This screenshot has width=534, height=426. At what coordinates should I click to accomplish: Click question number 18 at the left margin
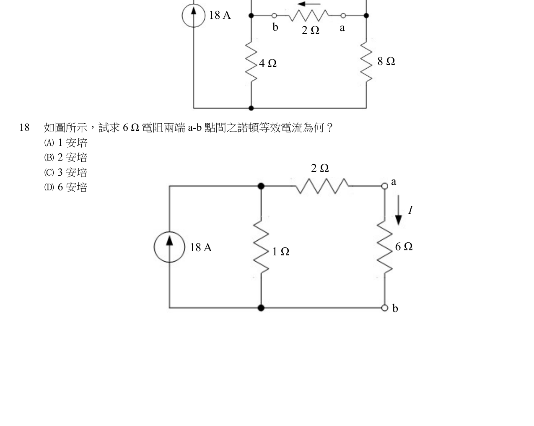tap(24, 127)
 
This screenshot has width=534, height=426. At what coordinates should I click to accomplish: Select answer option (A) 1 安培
tap(66, 143)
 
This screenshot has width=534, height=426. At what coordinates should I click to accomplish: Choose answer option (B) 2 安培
tap(66, 157)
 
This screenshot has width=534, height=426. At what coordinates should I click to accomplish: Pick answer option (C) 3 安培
tap(66, 172)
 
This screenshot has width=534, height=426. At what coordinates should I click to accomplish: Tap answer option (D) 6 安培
tap(66, 187)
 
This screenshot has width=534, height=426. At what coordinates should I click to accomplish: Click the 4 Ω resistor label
tap(268, 63)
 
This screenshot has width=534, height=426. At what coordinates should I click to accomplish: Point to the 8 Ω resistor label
tap(386, 61)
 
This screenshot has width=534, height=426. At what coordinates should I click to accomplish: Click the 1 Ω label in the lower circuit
tap(281, 252)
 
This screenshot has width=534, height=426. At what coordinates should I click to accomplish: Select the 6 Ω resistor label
tap(404, 247)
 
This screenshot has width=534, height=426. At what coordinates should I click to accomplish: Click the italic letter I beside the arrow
tap(410, 210)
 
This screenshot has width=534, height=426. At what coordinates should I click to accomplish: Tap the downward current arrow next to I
tap(399, 210)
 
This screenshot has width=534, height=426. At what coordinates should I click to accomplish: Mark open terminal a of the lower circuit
tap(385, 186)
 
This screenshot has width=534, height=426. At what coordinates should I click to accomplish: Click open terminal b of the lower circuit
tap(385, 308)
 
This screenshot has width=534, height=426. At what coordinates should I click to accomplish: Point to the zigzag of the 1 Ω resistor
tap(261, 247)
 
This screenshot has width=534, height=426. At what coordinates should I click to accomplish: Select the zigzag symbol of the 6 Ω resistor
tap(385, 247)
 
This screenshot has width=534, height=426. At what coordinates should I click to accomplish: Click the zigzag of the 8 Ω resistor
tap(366, 62)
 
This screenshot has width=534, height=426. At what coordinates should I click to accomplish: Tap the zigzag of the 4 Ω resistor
tap(251, 62)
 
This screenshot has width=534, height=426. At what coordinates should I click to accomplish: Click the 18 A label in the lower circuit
tap(201, 247)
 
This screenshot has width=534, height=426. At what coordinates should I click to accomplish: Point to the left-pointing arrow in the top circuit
tap(309, 4)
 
